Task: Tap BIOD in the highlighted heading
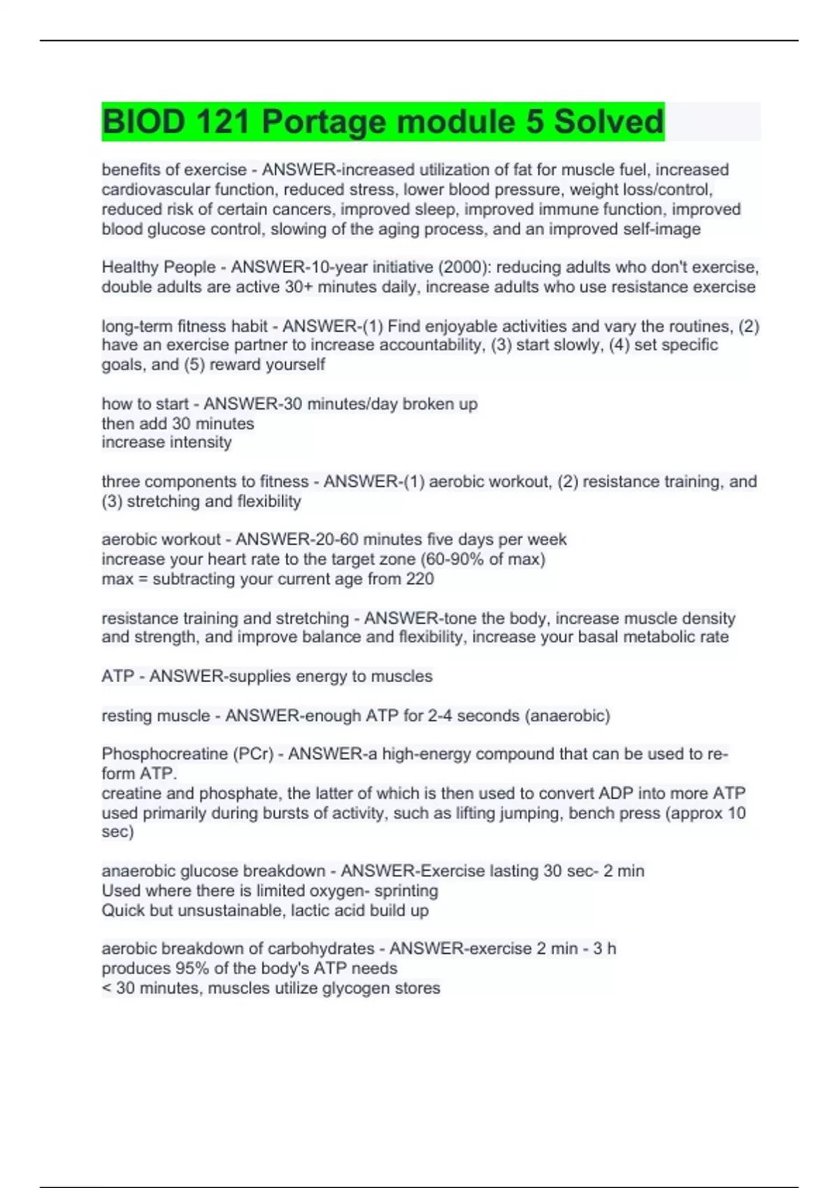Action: tap(142, 122)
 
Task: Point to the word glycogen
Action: tap(354, 988)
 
